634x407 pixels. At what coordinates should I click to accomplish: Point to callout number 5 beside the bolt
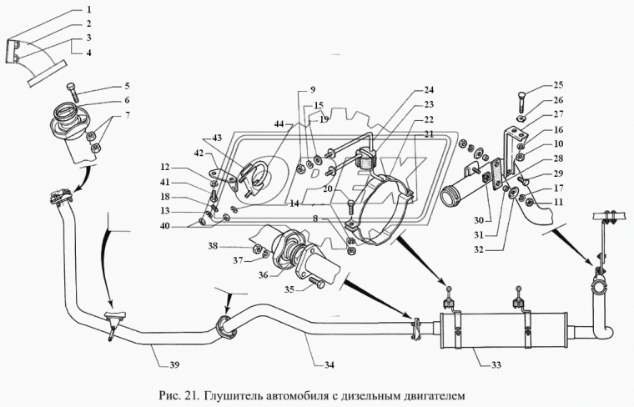click(x=128, y=86)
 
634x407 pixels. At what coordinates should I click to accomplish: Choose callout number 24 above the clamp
click(x=429, y=89)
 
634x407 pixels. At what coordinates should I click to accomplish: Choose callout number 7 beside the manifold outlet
click(x=128, y=114)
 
